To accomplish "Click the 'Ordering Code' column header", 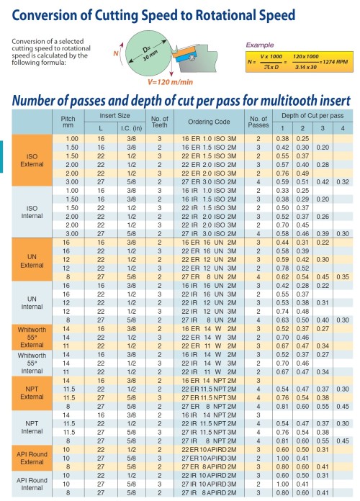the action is [x=204, y=121].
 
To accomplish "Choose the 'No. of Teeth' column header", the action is [x=159, y=121].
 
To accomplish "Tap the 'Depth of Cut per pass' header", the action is [x=312, y=115].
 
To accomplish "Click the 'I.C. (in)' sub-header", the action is [x=130, y=127].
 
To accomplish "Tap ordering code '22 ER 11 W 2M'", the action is [x=204, y=345].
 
